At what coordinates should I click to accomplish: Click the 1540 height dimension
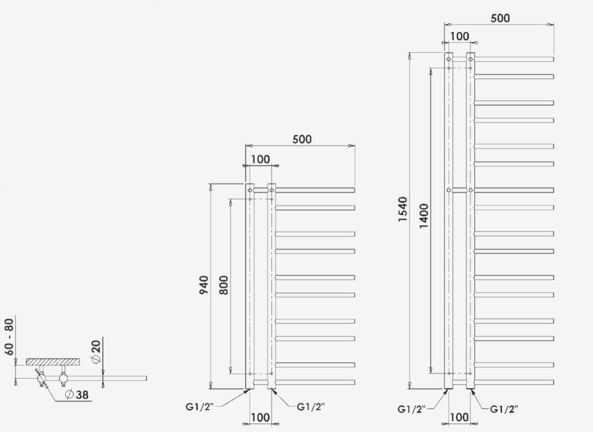[402, 209]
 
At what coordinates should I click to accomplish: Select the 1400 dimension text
[424, 216]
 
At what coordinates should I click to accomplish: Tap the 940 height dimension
[204, 285]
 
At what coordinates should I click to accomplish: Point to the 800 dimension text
[224, 285]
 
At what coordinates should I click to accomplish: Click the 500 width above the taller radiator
[500, 18]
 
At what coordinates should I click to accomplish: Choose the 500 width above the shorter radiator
[302, 139]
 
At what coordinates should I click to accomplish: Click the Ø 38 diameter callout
[77, 394]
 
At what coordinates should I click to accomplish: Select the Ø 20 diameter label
[96, 351]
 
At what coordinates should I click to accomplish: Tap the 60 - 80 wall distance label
[9, 337]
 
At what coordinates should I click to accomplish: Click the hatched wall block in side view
[53, 362]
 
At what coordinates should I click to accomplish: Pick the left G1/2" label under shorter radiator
[199, 407]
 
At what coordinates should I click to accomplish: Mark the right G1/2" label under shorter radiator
[310, 407]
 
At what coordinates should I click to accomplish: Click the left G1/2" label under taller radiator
[411, 409]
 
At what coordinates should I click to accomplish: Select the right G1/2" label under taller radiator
[504, 409]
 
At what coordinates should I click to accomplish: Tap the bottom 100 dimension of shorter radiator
[260, 418]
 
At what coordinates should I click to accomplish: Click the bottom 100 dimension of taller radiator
[459, 418]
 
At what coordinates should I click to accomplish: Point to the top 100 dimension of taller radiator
[460, 36]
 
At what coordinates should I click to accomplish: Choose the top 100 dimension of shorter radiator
[260, 159]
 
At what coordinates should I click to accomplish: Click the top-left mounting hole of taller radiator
[449, 59]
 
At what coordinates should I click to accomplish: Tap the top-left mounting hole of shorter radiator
[250, 190]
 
